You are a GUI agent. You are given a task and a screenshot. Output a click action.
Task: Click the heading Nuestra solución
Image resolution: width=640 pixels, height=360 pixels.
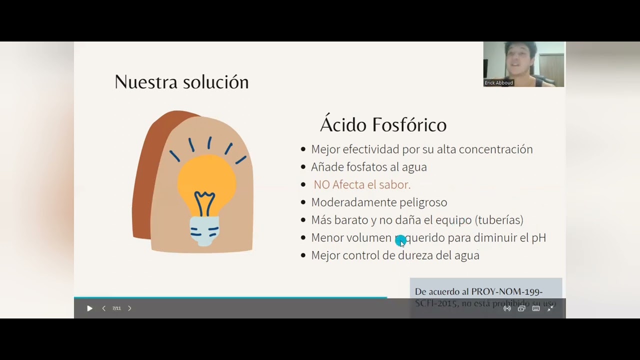181,82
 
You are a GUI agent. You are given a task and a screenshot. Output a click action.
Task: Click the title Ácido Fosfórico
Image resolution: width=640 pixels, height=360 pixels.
383,124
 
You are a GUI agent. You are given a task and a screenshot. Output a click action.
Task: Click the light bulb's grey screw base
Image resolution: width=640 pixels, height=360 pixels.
204,230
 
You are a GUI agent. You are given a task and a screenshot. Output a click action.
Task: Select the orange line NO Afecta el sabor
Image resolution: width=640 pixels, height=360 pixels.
362,184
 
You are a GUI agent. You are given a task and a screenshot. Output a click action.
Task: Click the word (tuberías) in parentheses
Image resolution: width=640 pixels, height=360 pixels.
499,220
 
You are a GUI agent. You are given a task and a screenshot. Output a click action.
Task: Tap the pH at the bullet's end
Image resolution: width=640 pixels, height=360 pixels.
538,237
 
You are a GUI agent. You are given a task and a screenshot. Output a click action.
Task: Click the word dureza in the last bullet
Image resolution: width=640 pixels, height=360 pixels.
415,255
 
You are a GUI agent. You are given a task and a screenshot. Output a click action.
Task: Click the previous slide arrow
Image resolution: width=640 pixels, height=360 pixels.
104,308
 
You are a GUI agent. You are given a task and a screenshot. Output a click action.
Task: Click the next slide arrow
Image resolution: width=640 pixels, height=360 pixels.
129,308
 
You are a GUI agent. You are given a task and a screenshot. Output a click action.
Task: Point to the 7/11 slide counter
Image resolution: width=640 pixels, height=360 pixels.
116,308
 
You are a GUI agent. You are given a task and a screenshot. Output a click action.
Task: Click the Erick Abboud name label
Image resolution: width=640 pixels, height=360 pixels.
499,83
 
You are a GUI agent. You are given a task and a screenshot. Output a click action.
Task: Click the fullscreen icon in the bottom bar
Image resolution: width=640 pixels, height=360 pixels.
550,308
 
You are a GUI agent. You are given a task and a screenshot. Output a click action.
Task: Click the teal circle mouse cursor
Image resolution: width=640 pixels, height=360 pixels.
400,241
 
